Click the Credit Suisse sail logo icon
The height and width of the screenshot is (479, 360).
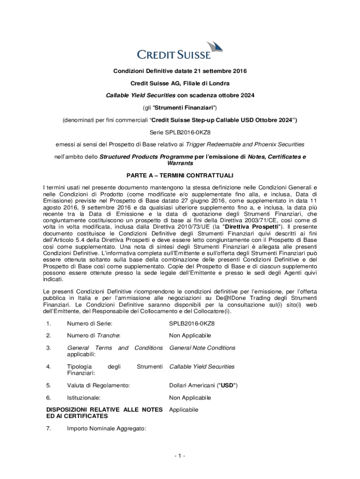pos(214,46)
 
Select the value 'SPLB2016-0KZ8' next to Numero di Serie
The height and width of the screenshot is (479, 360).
pos(192,323)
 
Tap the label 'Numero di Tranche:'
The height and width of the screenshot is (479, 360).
pos(94,335)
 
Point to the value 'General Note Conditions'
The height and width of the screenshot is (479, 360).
pos(202,348)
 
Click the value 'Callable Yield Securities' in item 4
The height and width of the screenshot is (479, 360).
pos(202,367)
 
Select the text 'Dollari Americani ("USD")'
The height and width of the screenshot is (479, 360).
pos(203,385)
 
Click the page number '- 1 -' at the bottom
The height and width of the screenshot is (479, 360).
pos(180,456)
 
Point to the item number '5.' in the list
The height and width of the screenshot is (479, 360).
pos(48,385)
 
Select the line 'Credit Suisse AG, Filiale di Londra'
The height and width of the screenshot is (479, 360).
pos(180,83)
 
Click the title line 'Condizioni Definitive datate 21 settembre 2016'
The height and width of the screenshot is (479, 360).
pos(180,71)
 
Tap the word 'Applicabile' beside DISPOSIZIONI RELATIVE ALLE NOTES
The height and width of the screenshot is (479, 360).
pos(184,410)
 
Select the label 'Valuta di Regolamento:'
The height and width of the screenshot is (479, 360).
pos(98,385)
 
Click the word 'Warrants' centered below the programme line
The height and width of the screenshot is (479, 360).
pos(180,164)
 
